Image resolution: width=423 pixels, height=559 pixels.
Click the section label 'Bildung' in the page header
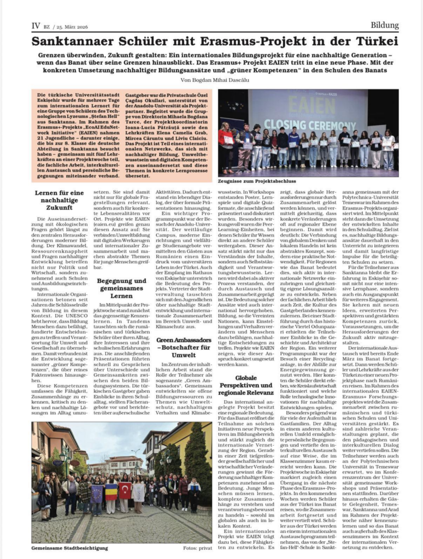pyautogui.click(x=384, y=25)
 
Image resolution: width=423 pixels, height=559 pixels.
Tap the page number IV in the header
pyautogui.click(x=36, y=26)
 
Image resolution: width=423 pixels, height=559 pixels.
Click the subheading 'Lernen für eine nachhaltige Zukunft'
pyautogui.click(x=59, y=200)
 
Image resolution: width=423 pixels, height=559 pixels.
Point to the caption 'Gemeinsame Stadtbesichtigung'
pyautogui.click(x=69, y=548)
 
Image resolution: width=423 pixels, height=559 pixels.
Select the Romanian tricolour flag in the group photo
pyautogui.click(x=110, y=492)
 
